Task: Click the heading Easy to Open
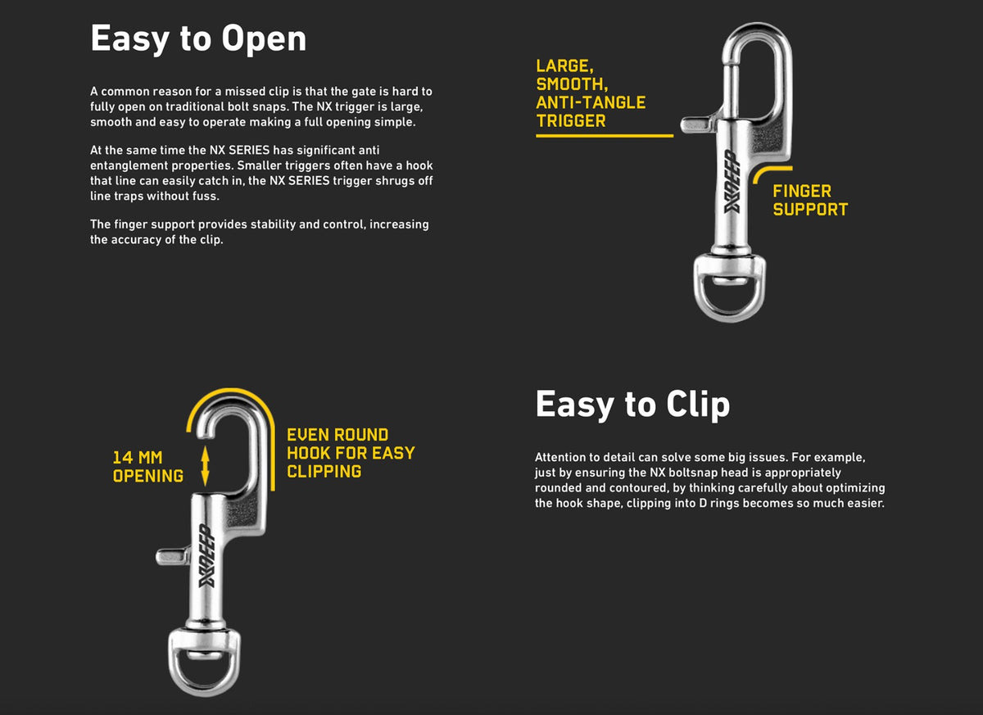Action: point(198,39)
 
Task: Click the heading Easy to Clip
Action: point(632,405)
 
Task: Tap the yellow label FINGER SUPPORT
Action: point(810,200)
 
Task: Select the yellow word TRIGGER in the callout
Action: point(571,120)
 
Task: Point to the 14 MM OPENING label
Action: point(148,467)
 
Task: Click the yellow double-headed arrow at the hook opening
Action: point(205,466)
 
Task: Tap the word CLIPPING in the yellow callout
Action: point(324,472)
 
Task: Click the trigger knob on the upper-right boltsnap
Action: point(698,124)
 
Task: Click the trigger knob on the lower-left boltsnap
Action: point(173,556)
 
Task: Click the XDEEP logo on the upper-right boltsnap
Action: point(733,181)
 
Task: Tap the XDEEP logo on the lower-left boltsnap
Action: point(207,555)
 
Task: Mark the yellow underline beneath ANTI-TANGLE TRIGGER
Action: point(605,136)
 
